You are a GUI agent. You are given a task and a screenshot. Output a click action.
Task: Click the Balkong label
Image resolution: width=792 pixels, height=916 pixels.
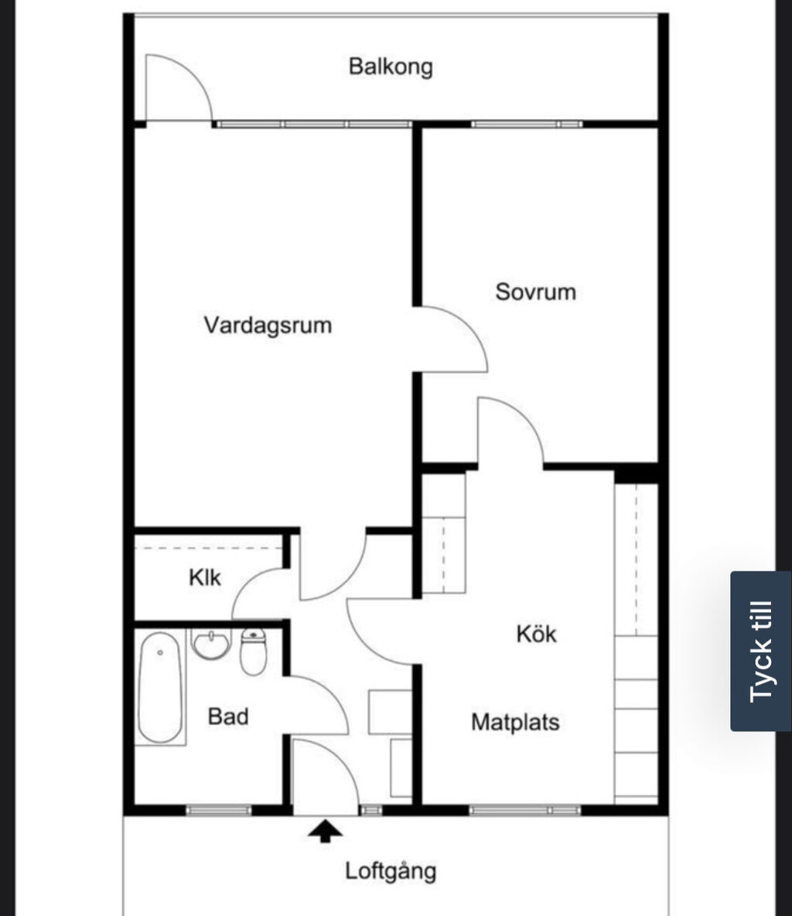tap(391, 67)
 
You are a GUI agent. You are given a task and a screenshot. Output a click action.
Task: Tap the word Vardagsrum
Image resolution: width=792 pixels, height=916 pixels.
tap(268, 326)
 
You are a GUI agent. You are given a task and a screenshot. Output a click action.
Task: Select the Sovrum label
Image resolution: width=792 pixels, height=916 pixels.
tap(535, 292)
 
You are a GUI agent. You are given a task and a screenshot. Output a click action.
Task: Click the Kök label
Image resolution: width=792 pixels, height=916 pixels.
tap(536, 634)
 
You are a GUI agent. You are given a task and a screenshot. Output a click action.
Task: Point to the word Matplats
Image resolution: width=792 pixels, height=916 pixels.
tap(515, 722)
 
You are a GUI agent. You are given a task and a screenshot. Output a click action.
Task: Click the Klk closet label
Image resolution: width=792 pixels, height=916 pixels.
tap(205, 578)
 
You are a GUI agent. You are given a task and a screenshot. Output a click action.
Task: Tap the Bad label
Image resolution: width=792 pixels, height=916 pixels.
tap(228, 716)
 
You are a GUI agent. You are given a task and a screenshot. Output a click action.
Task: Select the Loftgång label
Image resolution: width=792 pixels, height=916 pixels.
tap(390, 871)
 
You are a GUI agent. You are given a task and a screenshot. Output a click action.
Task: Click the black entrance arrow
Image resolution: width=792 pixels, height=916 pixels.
tap(326, 831)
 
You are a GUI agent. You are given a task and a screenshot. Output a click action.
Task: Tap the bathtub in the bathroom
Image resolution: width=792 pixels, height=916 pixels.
tap(159, 687)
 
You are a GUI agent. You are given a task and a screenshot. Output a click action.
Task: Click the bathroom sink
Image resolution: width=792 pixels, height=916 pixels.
tap(210, 644)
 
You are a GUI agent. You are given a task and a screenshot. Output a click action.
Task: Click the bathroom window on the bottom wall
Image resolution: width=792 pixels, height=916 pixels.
tap(218, 810)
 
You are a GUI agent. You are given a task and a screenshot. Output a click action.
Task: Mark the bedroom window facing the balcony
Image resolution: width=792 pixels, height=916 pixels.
tap(527, 124)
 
